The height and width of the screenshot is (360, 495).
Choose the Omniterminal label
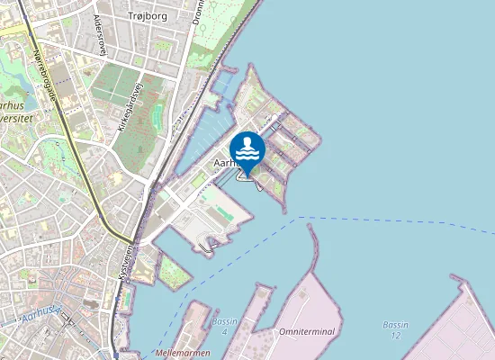click(x=307, y=331)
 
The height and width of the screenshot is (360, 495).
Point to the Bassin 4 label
click(x=225, y=326)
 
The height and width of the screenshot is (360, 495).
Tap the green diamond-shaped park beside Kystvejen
click(x=175, y=272)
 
